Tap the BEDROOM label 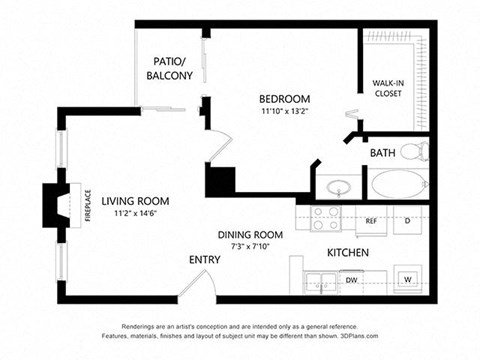[285, 99]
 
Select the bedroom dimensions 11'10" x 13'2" [285, 112]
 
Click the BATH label [382, 153]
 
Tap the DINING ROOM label [250, 234]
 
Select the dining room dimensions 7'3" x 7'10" [250, 246]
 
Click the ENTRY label [205, 260]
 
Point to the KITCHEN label [349, 252]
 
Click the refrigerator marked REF [371, 219]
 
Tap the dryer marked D [408, 219]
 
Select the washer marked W [408, 279]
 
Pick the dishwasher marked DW [353, 280]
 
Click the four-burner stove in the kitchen [326, 218]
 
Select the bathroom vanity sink [339, 187]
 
